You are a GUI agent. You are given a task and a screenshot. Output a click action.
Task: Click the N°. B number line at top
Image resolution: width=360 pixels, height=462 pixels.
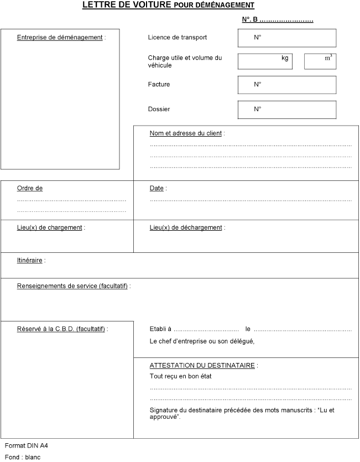278,20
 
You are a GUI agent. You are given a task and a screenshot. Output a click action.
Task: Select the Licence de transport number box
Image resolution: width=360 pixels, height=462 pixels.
286,38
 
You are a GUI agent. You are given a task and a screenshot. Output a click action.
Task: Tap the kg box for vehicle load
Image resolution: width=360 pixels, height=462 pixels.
265,61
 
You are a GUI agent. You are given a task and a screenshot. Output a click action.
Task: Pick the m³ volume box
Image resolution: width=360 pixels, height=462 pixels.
320,61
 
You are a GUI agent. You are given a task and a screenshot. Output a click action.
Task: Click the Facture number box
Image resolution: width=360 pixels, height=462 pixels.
286,85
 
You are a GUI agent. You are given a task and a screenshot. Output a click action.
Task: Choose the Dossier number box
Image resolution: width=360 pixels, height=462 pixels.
286,110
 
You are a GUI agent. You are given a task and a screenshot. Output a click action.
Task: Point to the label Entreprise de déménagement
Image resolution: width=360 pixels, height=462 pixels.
60,38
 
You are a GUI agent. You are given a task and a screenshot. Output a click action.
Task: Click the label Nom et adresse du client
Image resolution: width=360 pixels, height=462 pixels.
186,133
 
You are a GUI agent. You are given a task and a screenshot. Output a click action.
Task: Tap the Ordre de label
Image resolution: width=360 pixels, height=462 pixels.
30,188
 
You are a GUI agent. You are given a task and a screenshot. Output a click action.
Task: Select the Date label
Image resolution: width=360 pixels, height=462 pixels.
157,188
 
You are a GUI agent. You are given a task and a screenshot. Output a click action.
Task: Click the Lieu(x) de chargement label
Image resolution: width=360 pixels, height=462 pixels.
50,227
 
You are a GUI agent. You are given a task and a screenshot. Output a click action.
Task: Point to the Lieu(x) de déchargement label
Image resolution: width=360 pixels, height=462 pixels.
186,227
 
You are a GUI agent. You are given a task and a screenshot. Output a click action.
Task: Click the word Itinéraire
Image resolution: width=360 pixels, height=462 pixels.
30,260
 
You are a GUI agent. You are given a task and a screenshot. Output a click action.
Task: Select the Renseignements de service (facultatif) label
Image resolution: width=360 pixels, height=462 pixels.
73,286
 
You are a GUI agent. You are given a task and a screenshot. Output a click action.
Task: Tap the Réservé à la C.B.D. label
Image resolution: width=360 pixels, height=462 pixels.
62,329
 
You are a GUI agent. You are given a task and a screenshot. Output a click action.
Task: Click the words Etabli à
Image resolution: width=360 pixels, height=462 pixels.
160,329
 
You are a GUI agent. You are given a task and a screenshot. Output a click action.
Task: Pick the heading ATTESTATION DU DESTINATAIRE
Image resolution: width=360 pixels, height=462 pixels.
203,365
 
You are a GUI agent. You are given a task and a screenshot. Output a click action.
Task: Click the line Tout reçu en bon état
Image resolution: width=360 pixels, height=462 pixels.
180,376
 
